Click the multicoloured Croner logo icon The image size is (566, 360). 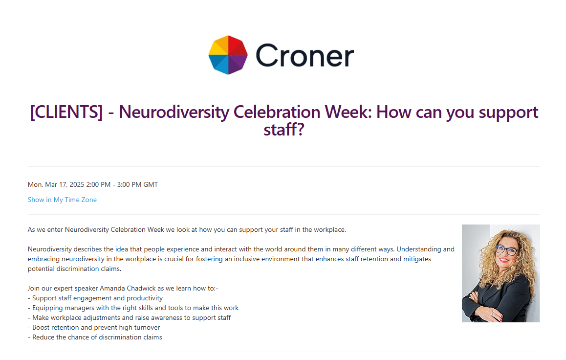coord(228,55)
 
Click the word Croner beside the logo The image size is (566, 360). coord(305,56)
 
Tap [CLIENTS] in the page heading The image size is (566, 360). coord(66,112)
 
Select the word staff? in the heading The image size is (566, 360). coord(284,129)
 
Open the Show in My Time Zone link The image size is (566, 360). coord(62,200)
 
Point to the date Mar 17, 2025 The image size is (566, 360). coord(65,184)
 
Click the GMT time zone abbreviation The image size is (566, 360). coord(151,184)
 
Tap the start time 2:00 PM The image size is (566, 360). coord(98,184)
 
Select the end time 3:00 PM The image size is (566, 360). coord(129,184)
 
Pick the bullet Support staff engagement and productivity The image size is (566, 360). coord(95,298)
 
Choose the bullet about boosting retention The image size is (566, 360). coord(94,328)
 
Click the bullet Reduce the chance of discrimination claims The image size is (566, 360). coord(95,337)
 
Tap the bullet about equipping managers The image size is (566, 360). coord(133,308)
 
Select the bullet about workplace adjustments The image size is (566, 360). coord(129,318)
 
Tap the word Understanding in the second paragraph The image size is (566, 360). coord(419,249)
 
